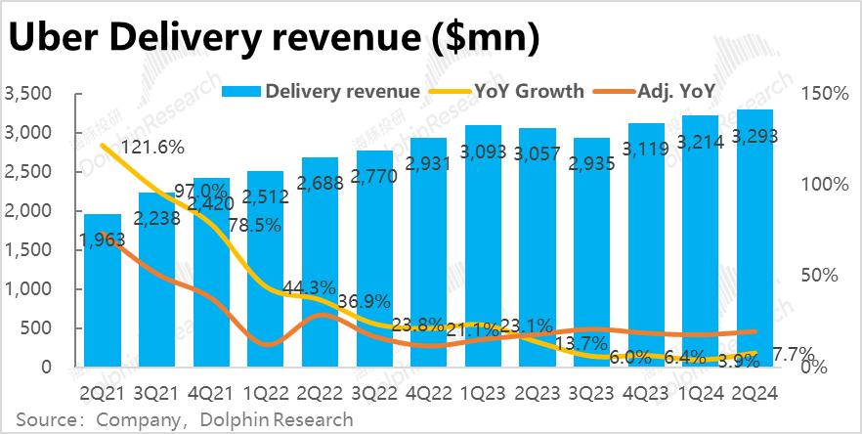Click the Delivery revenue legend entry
pyautogui.click(x=323, y=92)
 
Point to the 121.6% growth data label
pyautogui.click(x=151, y=149)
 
